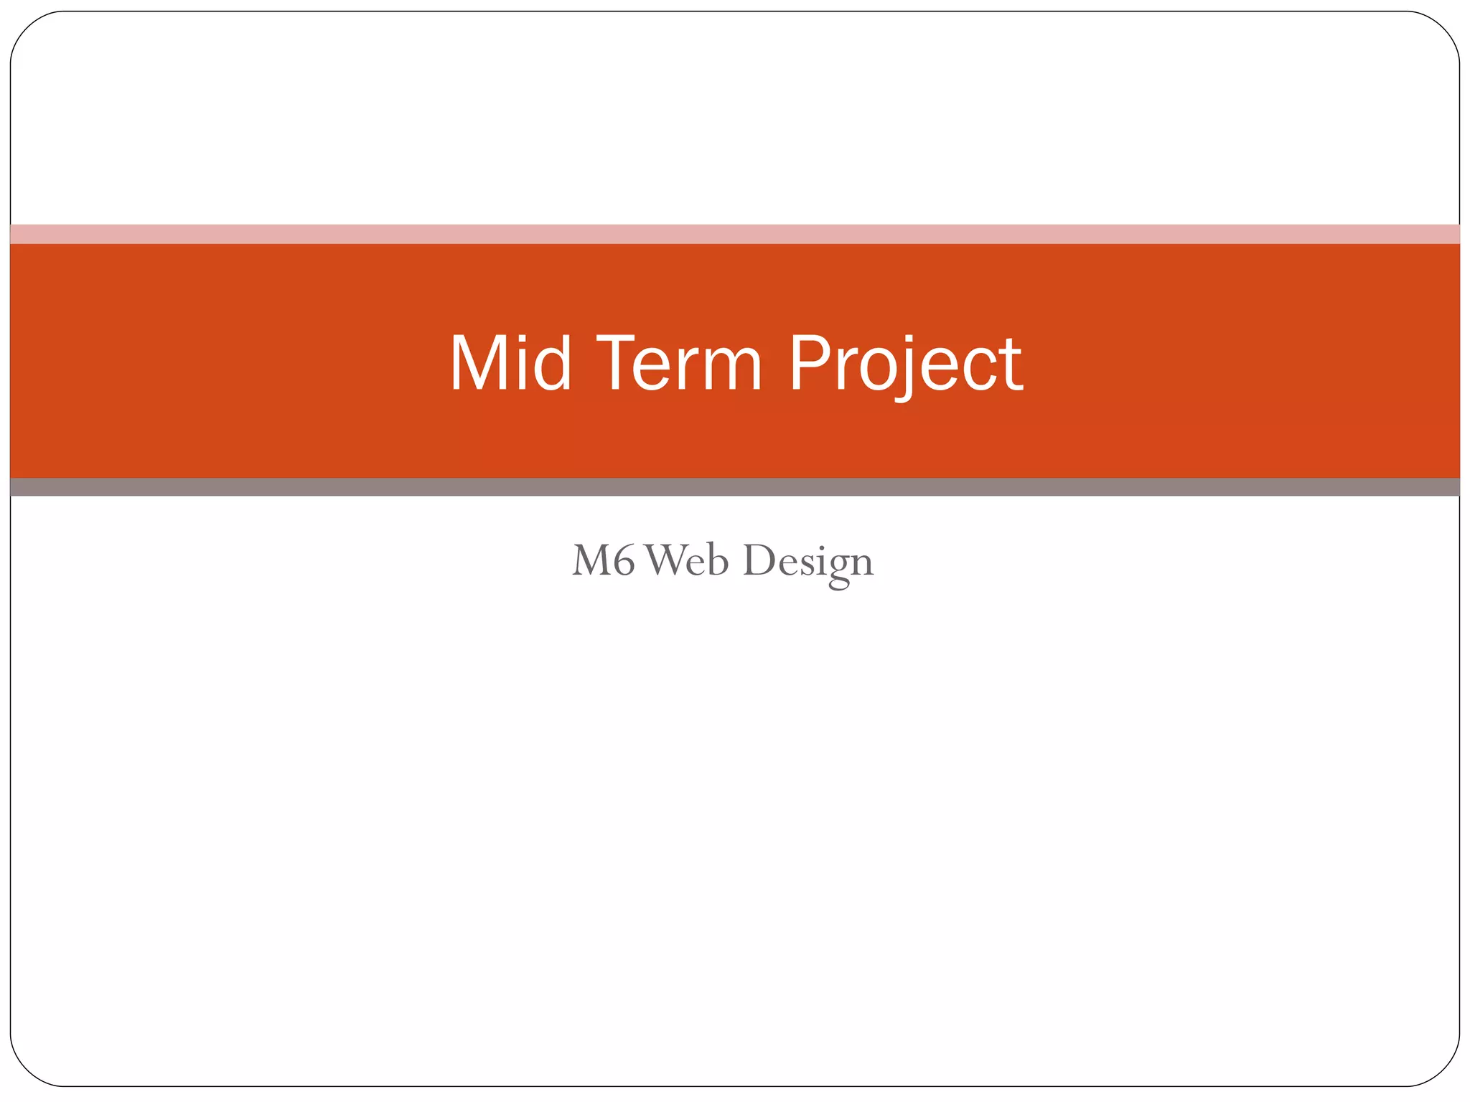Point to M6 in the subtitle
[x=604, y=560]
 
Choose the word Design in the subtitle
[x=808, y=562]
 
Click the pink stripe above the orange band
[x=735, y=234]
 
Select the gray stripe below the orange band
[x=735, y=487]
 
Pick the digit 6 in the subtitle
[x=624, y=560]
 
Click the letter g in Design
[x=838, y=567]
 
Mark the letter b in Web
[x=717, y=559]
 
